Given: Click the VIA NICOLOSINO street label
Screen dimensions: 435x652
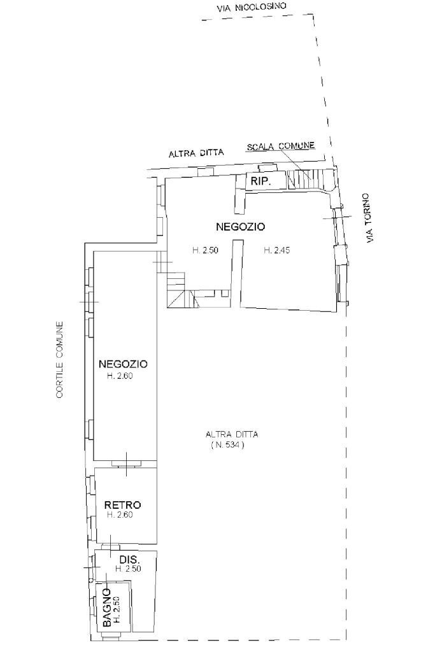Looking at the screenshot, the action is [x=252, y=6].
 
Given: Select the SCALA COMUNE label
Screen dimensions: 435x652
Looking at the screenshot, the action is [x=281, y=146].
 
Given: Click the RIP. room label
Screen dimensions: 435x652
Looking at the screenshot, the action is [x=260, y=181].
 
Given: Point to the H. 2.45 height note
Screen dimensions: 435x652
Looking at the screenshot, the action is [x=277, y=250].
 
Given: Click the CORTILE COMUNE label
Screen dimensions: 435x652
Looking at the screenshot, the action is [x=60, y=360].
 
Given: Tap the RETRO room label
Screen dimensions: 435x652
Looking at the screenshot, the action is [x=122, y=505].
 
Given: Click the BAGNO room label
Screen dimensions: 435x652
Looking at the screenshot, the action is [x=107, y=608].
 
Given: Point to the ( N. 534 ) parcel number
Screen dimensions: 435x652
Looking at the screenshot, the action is [x=227, y=445].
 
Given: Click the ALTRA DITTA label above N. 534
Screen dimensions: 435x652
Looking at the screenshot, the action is [x=232, y=434].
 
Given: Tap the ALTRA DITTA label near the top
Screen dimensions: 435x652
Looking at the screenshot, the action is [x=196, y=153].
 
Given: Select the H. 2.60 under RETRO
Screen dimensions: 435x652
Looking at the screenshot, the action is [x=120, y=514].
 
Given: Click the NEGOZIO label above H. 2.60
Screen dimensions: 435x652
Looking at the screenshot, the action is [x=123, y=364].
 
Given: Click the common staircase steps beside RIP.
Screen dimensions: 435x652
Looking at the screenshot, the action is [x=308, y=178].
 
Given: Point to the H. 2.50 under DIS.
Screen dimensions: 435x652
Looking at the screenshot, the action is [x=128, y=569].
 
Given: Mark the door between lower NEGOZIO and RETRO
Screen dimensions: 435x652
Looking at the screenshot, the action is [x=127, y=464].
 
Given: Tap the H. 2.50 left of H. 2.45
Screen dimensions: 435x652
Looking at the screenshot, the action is [x=206, y=250].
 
